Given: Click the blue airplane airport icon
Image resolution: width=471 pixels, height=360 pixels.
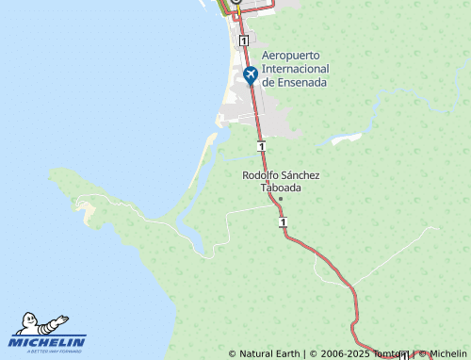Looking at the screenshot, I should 251,74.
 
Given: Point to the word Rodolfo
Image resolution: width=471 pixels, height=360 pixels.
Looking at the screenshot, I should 261,175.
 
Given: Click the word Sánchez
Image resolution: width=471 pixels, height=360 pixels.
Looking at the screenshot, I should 301,175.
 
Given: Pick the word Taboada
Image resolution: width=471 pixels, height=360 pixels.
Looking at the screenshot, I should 281,188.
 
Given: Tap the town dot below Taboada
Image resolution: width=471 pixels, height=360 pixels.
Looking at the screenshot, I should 281,199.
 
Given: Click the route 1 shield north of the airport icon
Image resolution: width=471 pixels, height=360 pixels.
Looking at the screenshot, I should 243,41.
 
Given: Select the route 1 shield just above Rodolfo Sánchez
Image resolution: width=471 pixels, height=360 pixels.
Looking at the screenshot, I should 261,146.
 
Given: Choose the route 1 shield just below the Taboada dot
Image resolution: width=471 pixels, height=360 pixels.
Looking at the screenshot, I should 283,221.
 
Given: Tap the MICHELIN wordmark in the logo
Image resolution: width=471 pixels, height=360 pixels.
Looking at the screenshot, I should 48,341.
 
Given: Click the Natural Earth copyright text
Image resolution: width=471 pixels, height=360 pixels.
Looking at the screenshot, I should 269,354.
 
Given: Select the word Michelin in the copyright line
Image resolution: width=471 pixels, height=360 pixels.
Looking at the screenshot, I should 448,354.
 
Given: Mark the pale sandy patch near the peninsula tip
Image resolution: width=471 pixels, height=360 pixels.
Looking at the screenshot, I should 91,218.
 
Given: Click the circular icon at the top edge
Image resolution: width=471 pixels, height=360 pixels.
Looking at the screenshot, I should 236,3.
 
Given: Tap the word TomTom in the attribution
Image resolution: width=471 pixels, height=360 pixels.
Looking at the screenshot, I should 388,354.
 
